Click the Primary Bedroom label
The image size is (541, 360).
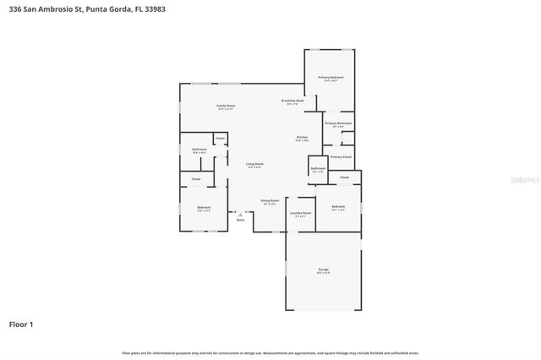tap(329, 78)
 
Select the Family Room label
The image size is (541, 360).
tap(227, 106)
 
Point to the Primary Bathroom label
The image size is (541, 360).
tap(338, 123)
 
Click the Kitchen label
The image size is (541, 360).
tap(302, 138)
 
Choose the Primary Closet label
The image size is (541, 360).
tap(342, 156)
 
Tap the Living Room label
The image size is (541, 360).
tap(254, 164)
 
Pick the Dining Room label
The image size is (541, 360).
tap(270, 201)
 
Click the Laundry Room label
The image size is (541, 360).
tap(301, 213)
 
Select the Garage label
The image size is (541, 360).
tap(323, 270)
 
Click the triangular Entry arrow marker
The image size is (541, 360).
tap(240, 214)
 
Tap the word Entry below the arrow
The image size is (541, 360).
tap(240, 220)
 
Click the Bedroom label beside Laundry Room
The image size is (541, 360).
tap(338, 206)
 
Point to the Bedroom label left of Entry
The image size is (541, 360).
tap(204, 207)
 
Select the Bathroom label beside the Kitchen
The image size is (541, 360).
tap(318, 168)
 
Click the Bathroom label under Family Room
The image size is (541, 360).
tap(199, 150)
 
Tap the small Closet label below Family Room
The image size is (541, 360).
tap(220, 137)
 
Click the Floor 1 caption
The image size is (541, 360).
tap(21, 324)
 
